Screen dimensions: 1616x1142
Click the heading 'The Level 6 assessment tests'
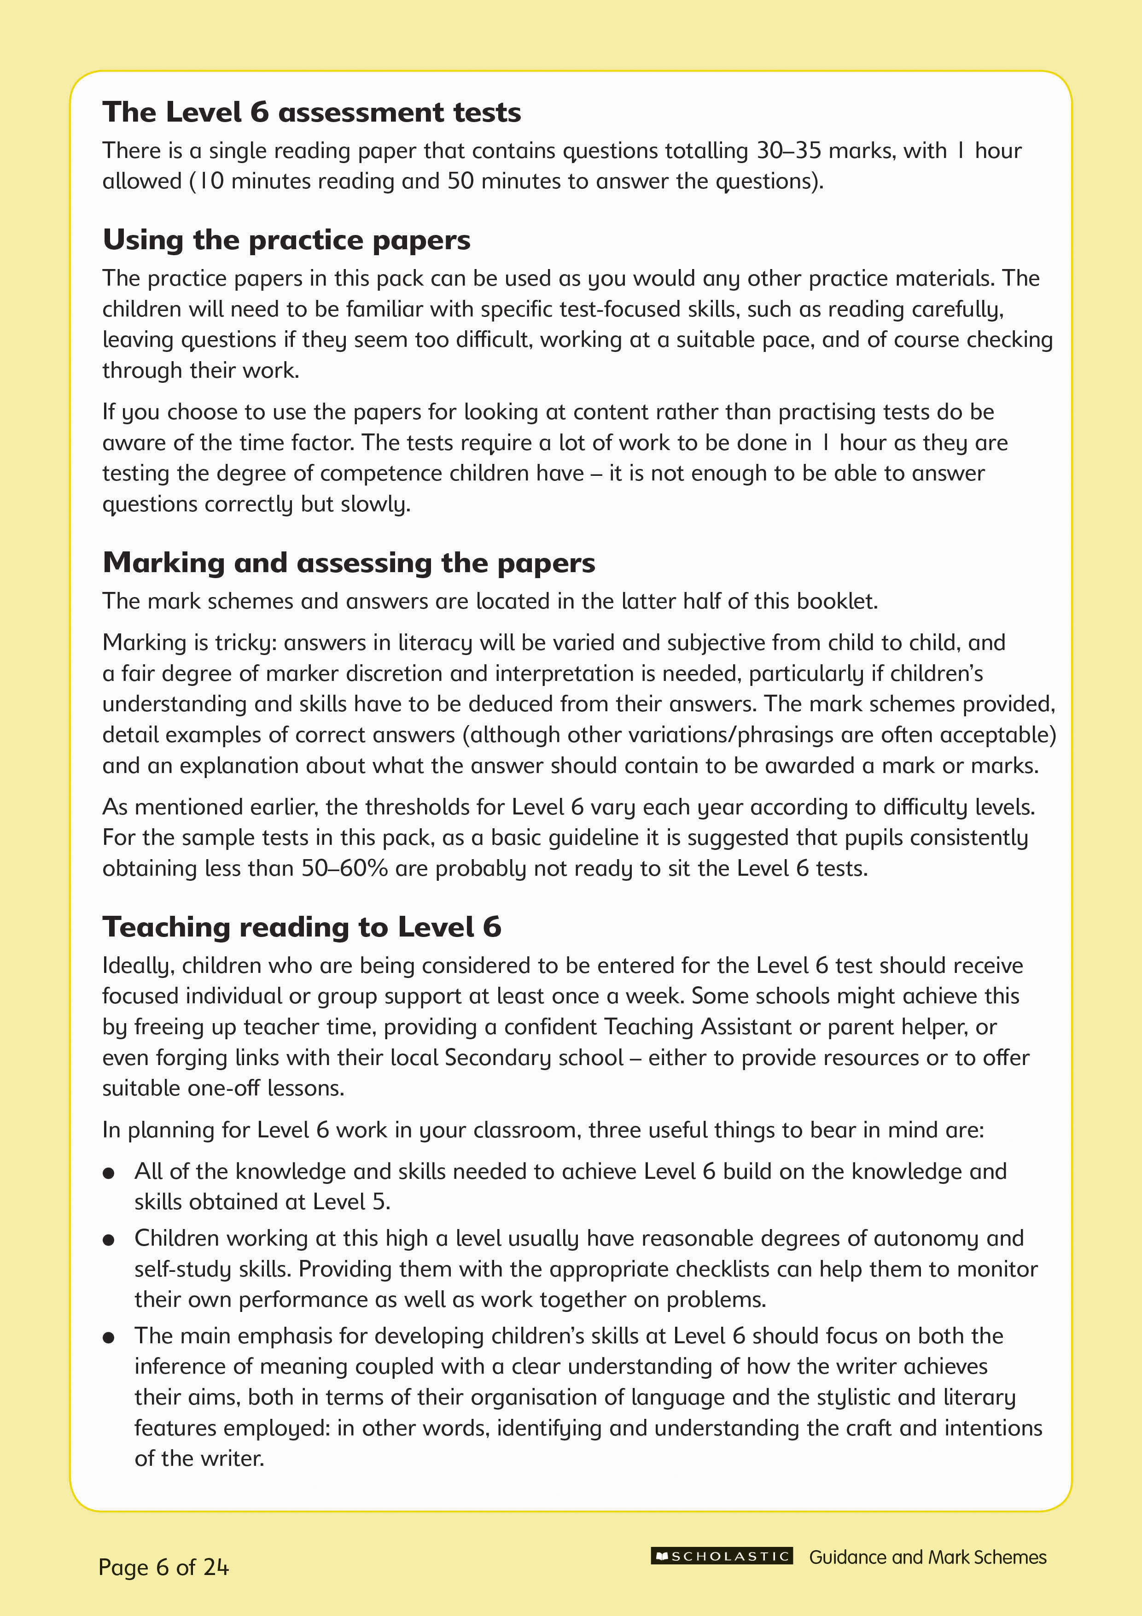[312, 112]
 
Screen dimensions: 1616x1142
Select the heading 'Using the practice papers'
[286, 240]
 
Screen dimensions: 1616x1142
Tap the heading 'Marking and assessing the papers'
[349, 563]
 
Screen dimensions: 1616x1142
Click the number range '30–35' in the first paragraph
[788, 151]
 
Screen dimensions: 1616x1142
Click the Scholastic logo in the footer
[722, 1556]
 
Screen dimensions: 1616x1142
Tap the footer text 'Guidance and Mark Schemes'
[927, 1557]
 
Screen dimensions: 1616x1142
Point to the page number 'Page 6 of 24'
[163, 1567]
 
